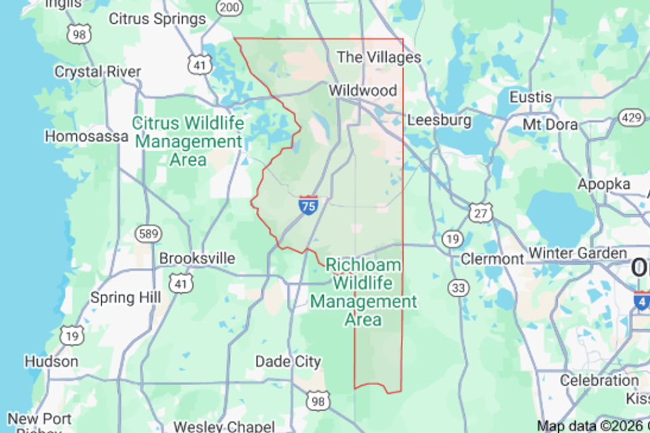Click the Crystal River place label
tap(97, 72)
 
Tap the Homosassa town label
tap(86, 136)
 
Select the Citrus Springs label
tap(157, 19)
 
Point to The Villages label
tap(378, 58)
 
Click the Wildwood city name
tap(362, 91)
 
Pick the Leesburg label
tap(439, 120)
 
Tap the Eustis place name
tap(530, 97)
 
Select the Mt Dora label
tap(550, 125)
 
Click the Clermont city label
tap(492, 259)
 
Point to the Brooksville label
tap(197, 258)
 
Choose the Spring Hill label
tap(125, 298)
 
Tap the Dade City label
tap(288, 362)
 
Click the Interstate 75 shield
tap(308, 205)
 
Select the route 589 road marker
tap(148, 234)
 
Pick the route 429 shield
tap(632, 118)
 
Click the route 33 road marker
tap(459, 288)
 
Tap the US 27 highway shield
tap(480, 213)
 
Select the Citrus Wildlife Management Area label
tap(187, 141)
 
